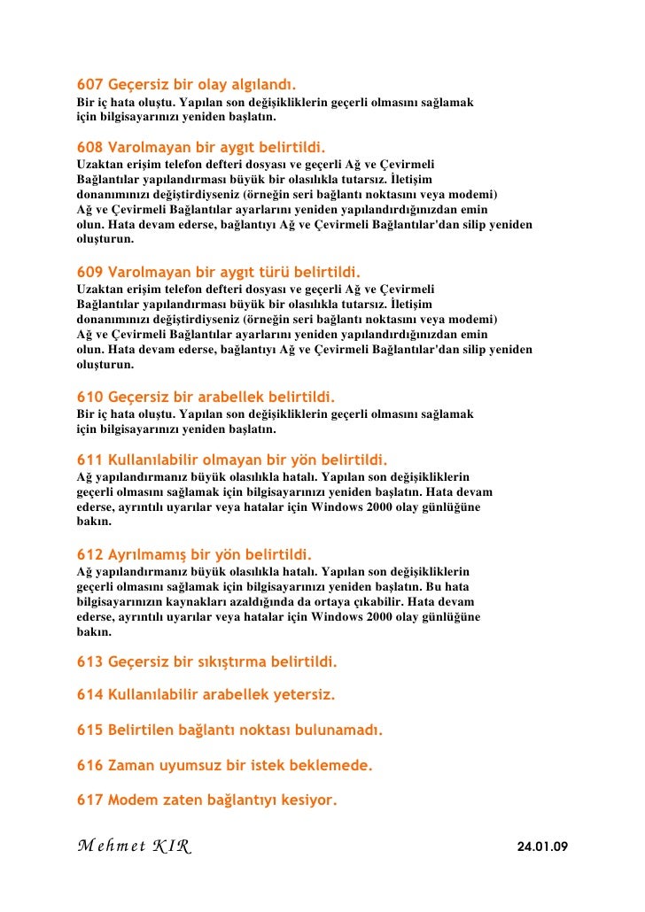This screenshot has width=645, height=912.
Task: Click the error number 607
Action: pyautogui.click(x=89, y=86)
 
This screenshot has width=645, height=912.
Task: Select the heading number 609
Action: pyautogui.click(x=89, y=271)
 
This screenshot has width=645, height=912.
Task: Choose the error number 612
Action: pyautogui.click(x=89, y=556)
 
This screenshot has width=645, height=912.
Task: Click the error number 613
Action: pyautogui.click(x=89, y=661)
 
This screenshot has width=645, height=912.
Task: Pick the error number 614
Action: pyautogui.click(x=89, y=695)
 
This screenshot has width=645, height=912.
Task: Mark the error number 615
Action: pyautogui.click(x=89, y=730)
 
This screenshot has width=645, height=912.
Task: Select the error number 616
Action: pyautogui.click(x=89, y=765)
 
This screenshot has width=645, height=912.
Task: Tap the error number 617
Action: pyautogui.click(x=89, y=800)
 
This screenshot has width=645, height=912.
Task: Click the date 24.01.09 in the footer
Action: pyautogui.click(x=541, y=847)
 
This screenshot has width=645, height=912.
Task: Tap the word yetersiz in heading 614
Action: pyautogui.click(x=304, y=695)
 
